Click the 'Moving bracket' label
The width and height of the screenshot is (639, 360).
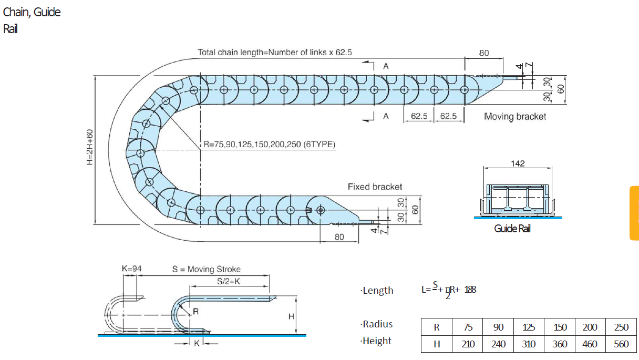click(515, 116)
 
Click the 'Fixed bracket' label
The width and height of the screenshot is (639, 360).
click(375, 187)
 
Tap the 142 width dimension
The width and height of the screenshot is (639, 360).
click(518, 163)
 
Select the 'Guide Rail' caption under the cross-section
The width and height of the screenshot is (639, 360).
click(512, 229)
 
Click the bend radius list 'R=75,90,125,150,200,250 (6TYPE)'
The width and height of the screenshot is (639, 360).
click(270, 144)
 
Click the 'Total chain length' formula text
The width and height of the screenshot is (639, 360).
click(275, 53)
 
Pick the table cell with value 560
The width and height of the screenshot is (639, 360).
click(621, 344)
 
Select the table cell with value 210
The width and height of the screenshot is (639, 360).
click(468, 344)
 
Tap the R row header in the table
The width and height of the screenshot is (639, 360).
click(436, 327)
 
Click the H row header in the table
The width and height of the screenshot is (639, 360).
click(436, 344)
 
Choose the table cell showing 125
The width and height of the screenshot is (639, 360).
click(529, 327)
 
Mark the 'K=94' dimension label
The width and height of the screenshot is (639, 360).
click(131, 269)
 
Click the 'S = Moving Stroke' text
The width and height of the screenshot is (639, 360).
click(206, 269)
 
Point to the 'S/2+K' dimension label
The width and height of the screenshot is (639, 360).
click(229, 281)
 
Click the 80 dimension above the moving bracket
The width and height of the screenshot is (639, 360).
click(483, 53)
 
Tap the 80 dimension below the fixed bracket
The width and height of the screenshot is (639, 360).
click(339, 237)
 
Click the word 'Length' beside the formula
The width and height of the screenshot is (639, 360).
click(378, 291)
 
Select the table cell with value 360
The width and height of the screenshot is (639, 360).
click(560, 344)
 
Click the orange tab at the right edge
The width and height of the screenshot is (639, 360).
click(634, 213)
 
